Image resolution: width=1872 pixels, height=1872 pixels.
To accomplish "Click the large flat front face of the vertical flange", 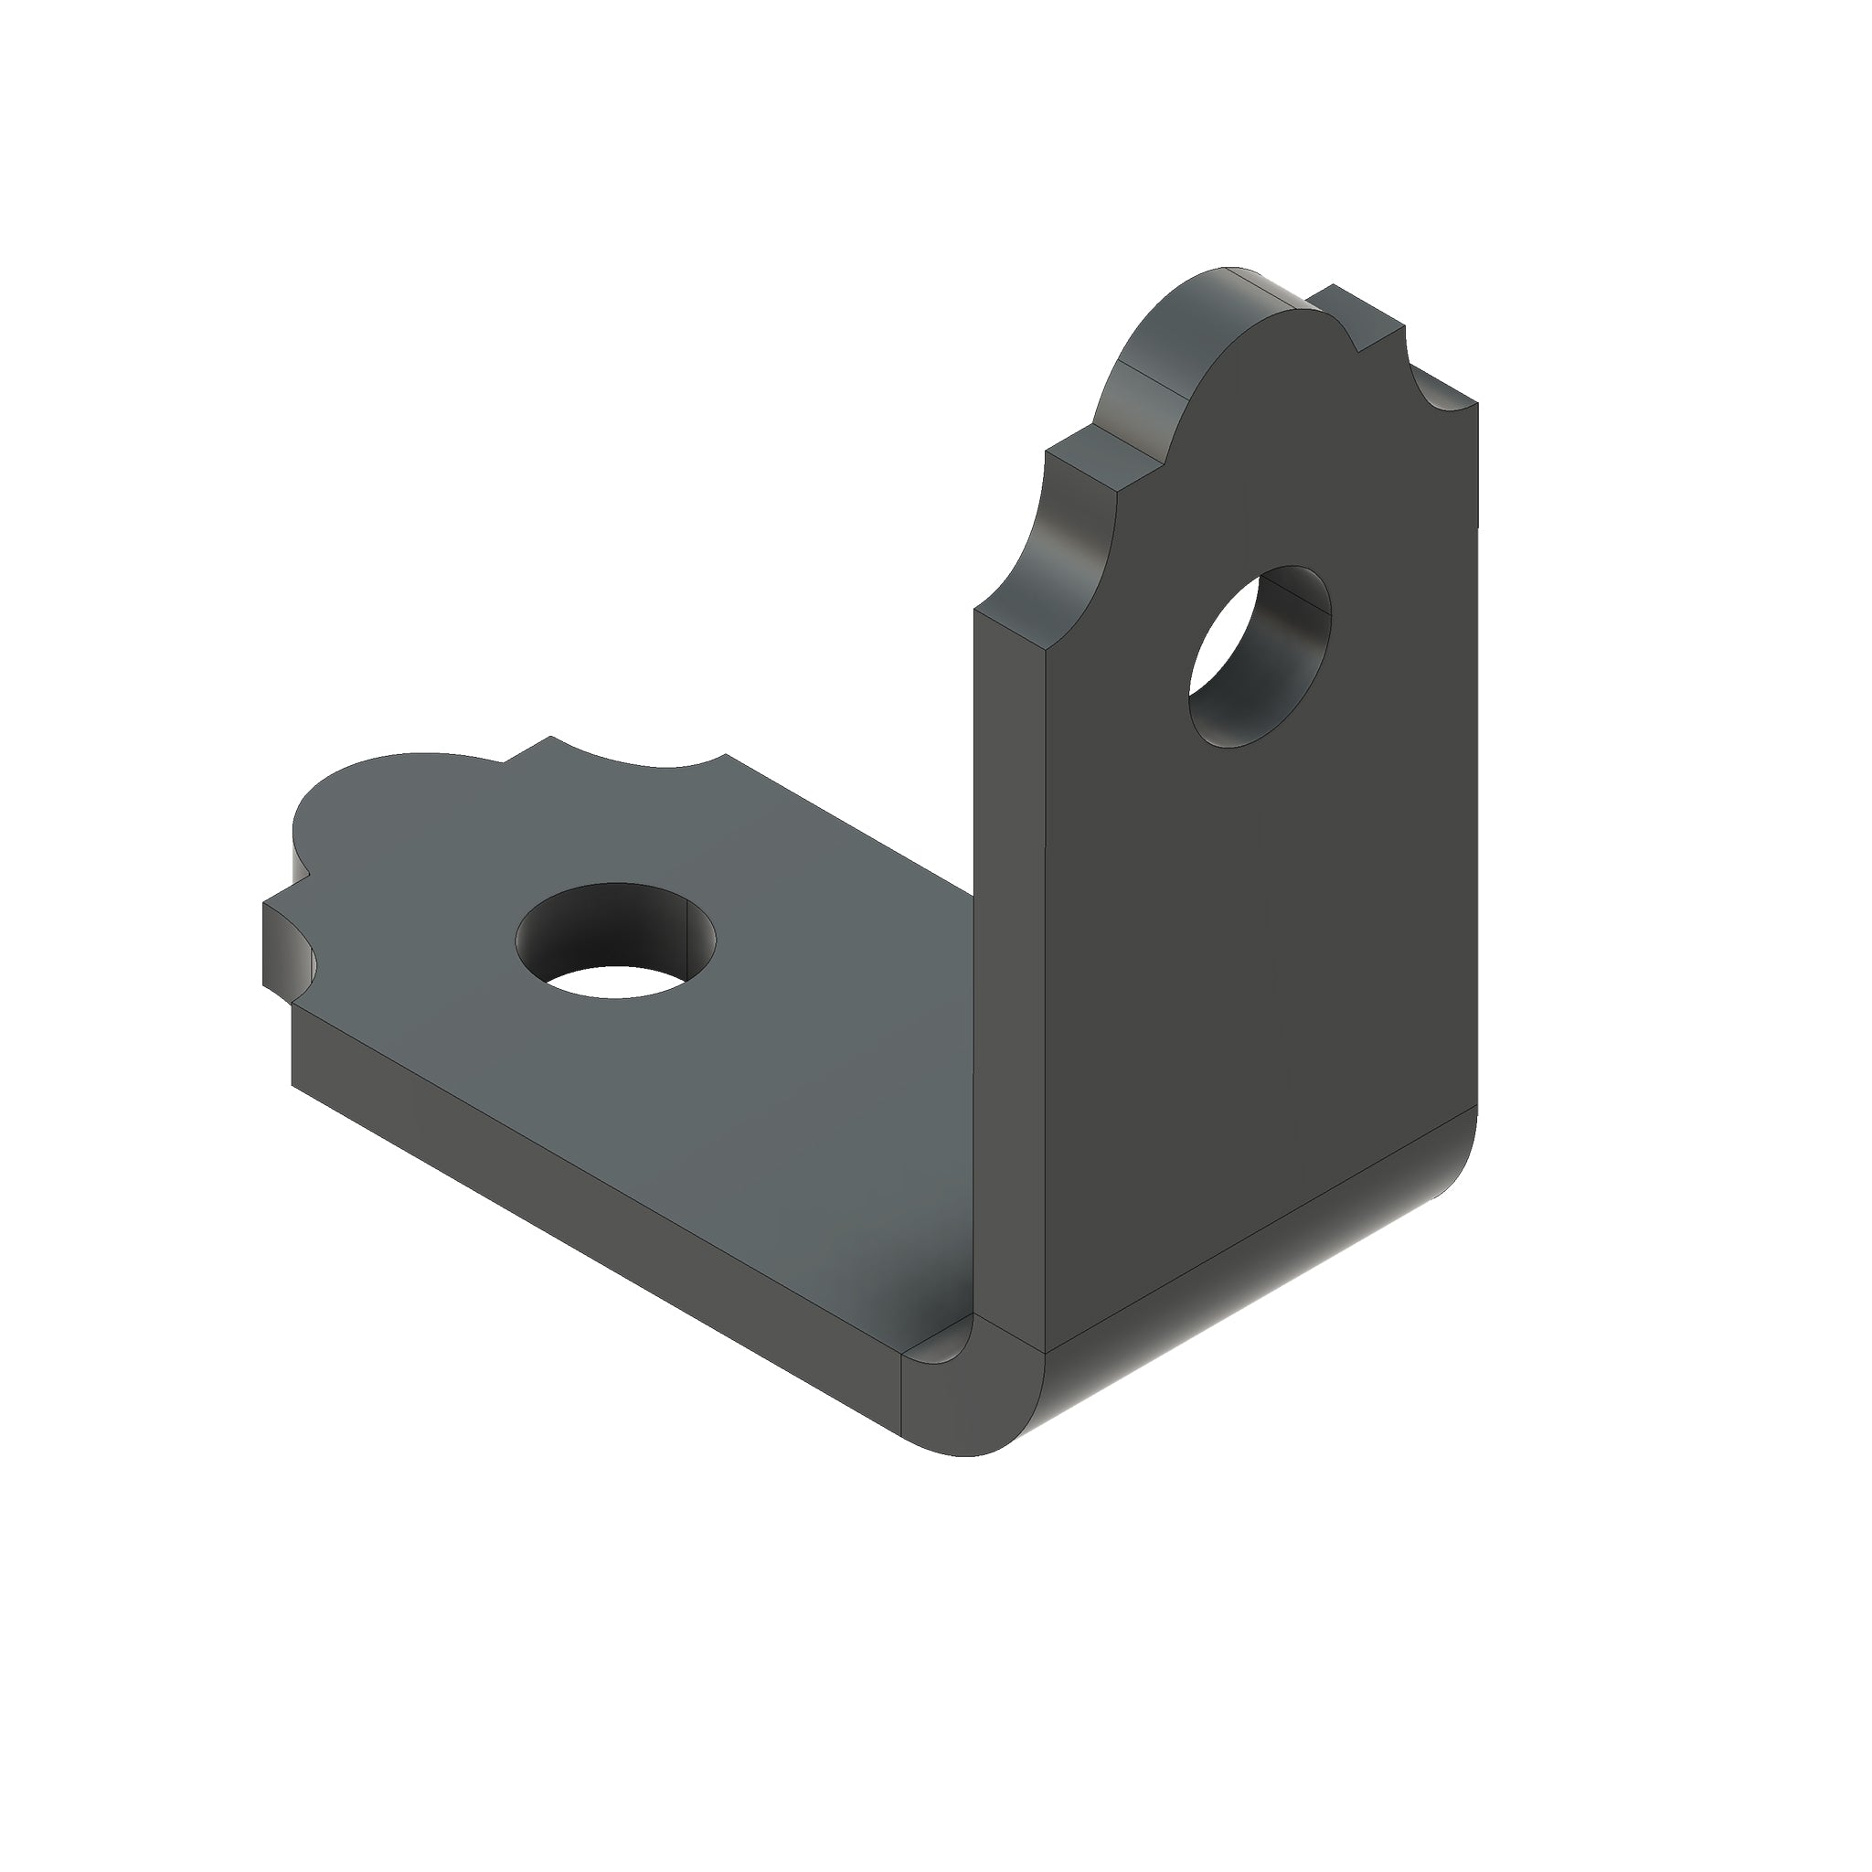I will coord(1260,920).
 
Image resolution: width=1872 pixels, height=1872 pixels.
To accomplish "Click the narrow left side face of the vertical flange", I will coord(1007,969).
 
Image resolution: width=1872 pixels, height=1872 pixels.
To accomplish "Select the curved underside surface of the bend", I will coord(1260,1289).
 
